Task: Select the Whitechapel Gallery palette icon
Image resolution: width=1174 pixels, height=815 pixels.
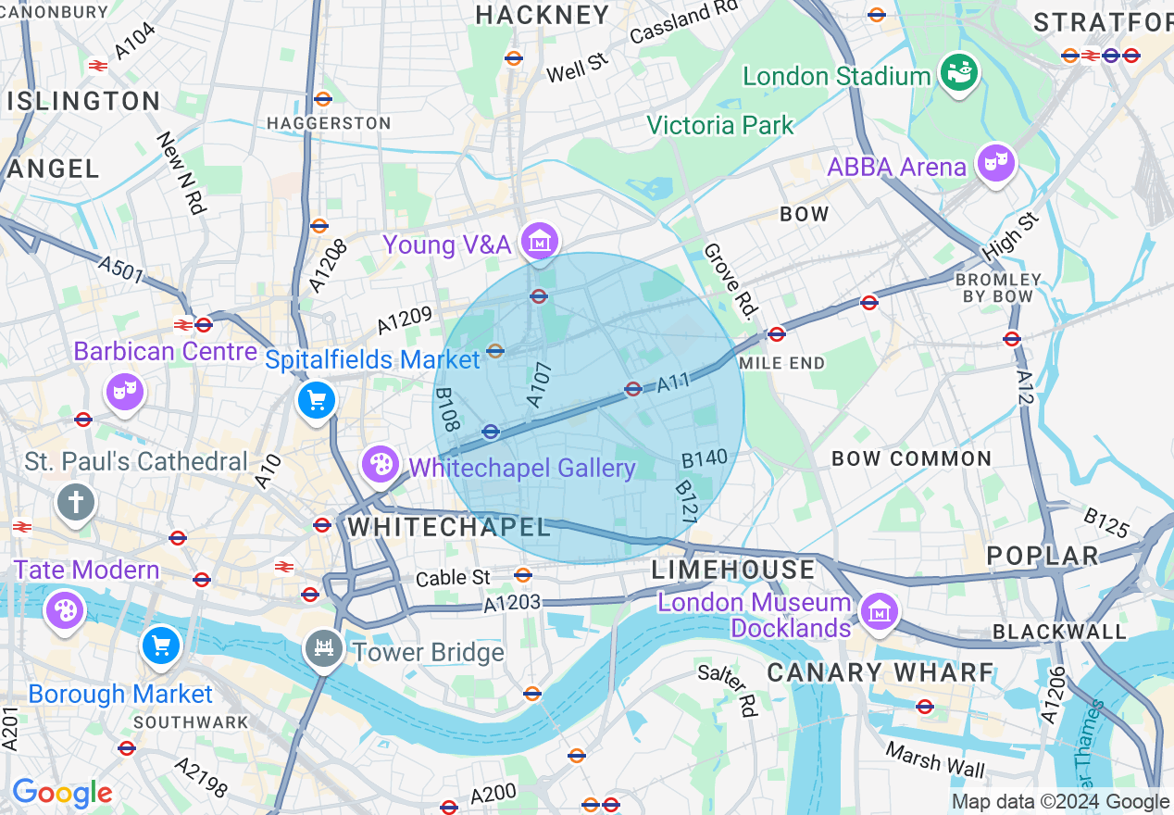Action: [380, 465]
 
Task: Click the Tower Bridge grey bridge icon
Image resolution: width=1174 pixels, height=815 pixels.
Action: [323, 648]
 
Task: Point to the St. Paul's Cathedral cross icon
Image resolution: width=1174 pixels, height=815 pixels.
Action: [76, 503]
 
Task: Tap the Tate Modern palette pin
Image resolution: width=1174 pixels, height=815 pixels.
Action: [65, 610]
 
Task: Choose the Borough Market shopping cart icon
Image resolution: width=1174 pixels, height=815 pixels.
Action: [161, 646]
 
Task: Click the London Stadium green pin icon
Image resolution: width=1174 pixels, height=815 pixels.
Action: [959, 74]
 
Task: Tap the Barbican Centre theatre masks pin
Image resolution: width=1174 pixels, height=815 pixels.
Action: [123, 392]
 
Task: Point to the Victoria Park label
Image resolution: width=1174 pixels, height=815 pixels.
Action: [719, 125]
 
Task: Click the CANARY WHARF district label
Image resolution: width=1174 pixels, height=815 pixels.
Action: [880, 672]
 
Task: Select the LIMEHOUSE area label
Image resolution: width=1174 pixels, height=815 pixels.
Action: [733, 569]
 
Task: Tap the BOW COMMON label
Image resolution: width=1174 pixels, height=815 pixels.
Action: [911, 458]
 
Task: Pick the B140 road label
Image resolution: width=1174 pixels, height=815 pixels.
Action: [704, 458]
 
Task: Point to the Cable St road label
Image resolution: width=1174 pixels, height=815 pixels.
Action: [453, 578]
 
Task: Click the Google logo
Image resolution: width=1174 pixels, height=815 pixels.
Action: [62, 793]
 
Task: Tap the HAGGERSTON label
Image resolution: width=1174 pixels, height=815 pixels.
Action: [329, 123]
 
